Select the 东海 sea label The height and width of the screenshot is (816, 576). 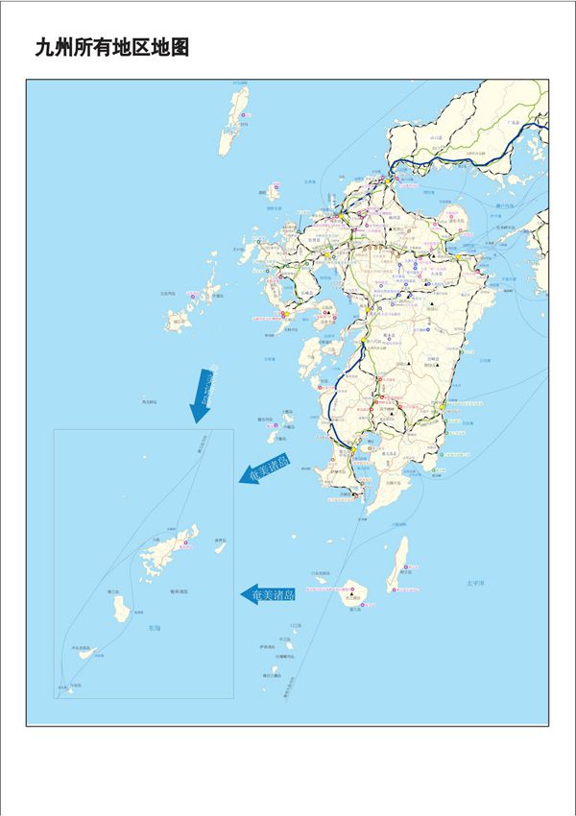(155, 628)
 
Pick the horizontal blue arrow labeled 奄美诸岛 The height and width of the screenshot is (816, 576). (268, 595)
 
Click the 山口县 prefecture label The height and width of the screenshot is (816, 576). (436, 137)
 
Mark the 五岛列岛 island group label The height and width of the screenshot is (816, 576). (168, 293)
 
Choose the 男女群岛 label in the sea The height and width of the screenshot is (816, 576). (149, 401)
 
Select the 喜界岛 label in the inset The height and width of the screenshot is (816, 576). (221, 540)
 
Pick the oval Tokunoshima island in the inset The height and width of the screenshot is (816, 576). (122, 609)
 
